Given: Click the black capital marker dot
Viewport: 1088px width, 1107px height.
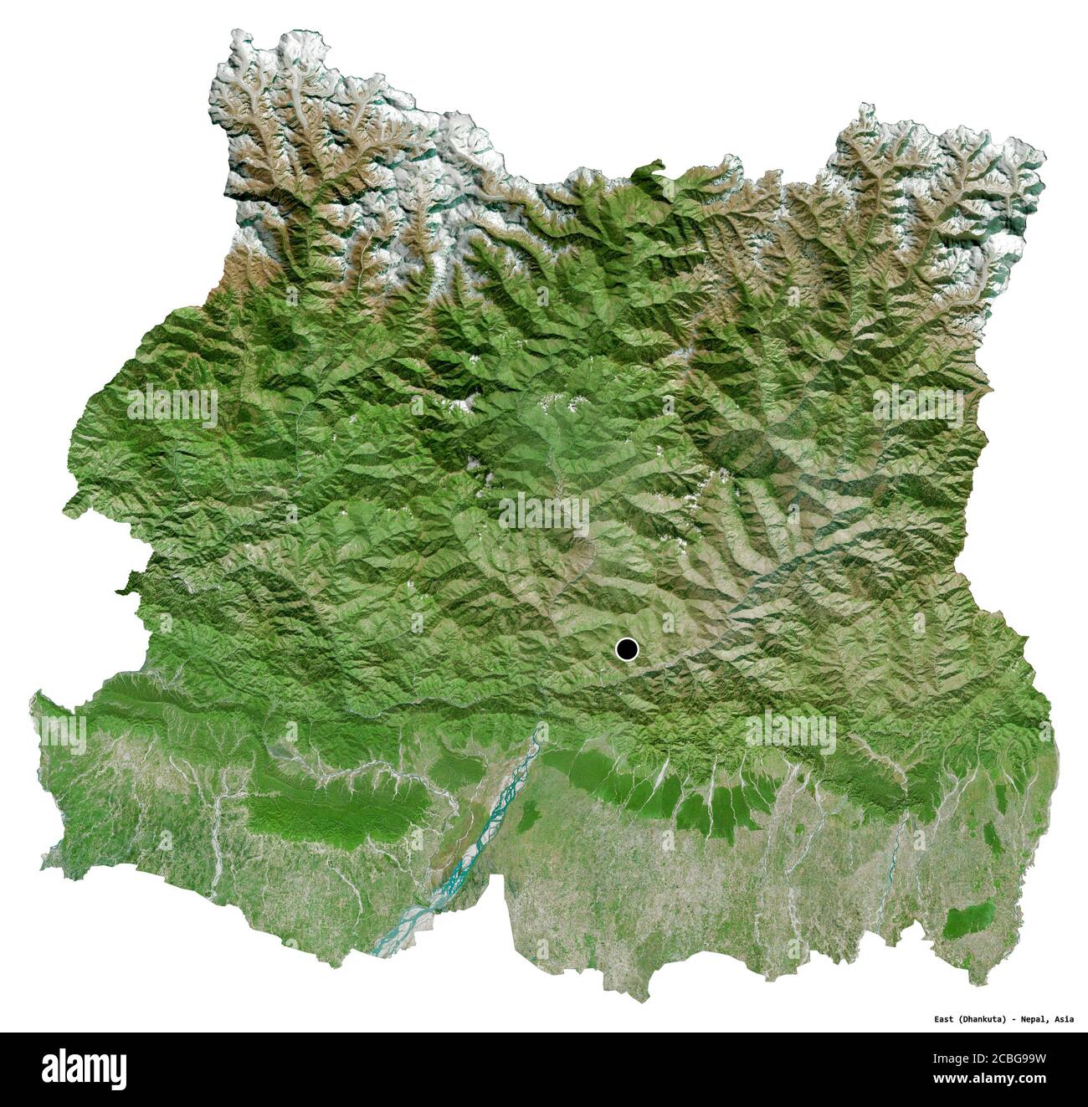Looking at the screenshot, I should point(626,648).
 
